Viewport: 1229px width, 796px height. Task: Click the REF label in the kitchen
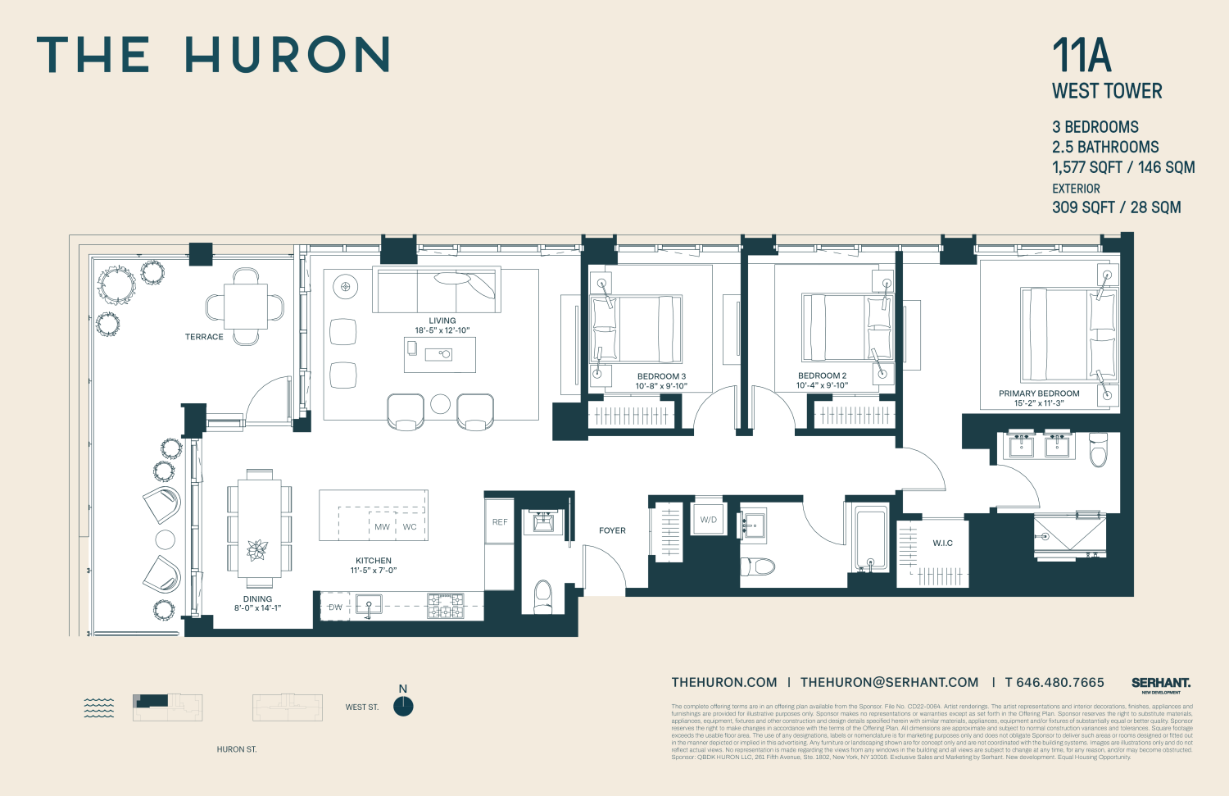pos(500,522)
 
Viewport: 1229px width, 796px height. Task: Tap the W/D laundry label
pos(709,520)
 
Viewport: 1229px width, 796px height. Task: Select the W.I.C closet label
pos(942,544)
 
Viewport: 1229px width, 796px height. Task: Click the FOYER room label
pos(612,530)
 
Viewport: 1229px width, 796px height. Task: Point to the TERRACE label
pos(204,337)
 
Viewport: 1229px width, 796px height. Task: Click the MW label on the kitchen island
pos(382,527)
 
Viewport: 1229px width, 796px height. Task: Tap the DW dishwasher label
pos(335,607)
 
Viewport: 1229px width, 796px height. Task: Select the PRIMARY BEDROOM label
pos(1039,393)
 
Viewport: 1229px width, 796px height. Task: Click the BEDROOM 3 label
pos(661,376)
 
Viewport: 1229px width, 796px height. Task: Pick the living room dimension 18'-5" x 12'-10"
pos(442,330)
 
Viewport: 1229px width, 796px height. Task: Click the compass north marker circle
pos(403,707)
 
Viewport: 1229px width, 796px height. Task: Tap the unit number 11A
pos(1082,56)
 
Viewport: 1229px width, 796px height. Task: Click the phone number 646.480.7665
pos(1061,682)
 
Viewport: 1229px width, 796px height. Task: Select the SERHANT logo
pos(1161,683)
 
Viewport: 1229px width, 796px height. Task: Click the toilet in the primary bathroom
pos(1098,449)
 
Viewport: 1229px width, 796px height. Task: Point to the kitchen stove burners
pos(445,606)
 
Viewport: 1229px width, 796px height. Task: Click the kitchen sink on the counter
pos(369,607)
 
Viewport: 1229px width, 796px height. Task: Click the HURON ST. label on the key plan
pos(237,749)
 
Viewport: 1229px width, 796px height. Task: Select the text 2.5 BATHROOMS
pos(1105,148)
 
